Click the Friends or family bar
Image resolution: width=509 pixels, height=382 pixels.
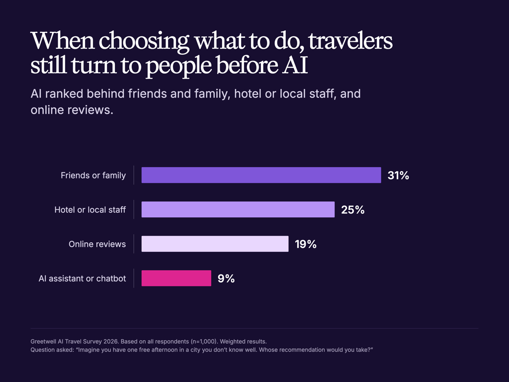[261, 175]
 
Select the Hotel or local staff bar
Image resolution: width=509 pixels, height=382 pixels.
[238, 209]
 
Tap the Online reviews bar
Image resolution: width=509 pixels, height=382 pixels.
[215, 244]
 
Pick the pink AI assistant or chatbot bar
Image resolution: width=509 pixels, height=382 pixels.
[176, 279]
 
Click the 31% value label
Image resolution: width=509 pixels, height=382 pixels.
[398, 176]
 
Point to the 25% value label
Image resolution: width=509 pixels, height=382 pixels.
[353, 210]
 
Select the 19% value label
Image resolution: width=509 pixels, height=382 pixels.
[306, 244]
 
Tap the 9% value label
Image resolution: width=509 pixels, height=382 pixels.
[226, 279]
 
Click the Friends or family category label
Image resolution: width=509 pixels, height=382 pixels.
[93, 176]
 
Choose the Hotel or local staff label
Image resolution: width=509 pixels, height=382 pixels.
[90, 210]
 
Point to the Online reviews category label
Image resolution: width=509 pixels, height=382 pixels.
[97, 244]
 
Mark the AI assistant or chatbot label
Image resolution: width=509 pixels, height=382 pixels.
[82, 279]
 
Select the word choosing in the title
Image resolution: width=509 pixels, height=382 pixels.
[144, 42]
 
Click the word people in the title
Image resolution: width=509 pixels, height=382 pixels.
[178, 67]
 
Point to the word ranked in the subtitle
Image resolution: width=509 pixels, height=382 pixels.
[64, 94]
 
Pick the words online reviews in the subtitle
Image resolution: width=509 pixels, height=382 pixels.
[72, 110]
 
